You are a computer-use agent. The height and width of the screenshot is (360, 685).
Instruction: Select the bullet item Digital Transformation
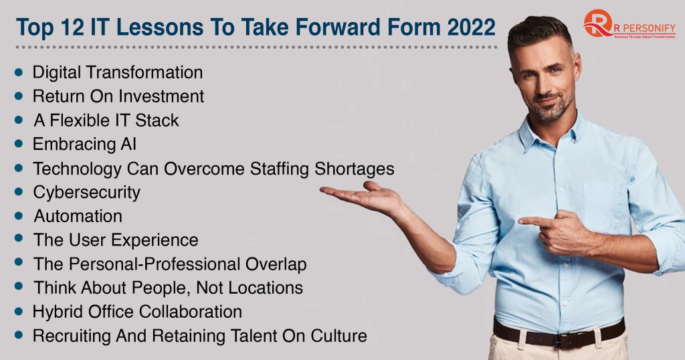pos(117,72)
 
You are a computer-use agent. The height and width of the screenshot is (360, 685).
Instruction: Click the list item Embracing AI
pos(85,144)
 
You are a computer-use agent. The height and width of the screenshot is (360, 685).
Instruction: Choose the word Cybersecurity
pos(87,192)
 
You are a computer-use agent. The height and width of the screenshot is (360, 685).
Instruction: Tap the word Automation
pos(78,216)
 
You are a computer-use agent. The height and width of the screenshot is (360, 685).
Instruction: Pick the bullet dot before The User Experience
pos(19,239)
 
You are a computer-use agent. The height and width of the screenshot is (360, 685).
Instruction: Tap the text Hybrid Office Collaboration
pos(137,312)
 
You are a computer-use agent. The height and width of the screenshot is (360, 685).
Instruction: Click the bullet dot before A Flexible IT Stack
pos(19,120)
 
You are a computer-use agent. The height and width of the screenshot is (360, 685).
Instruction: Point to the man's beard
pos(549,110)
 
